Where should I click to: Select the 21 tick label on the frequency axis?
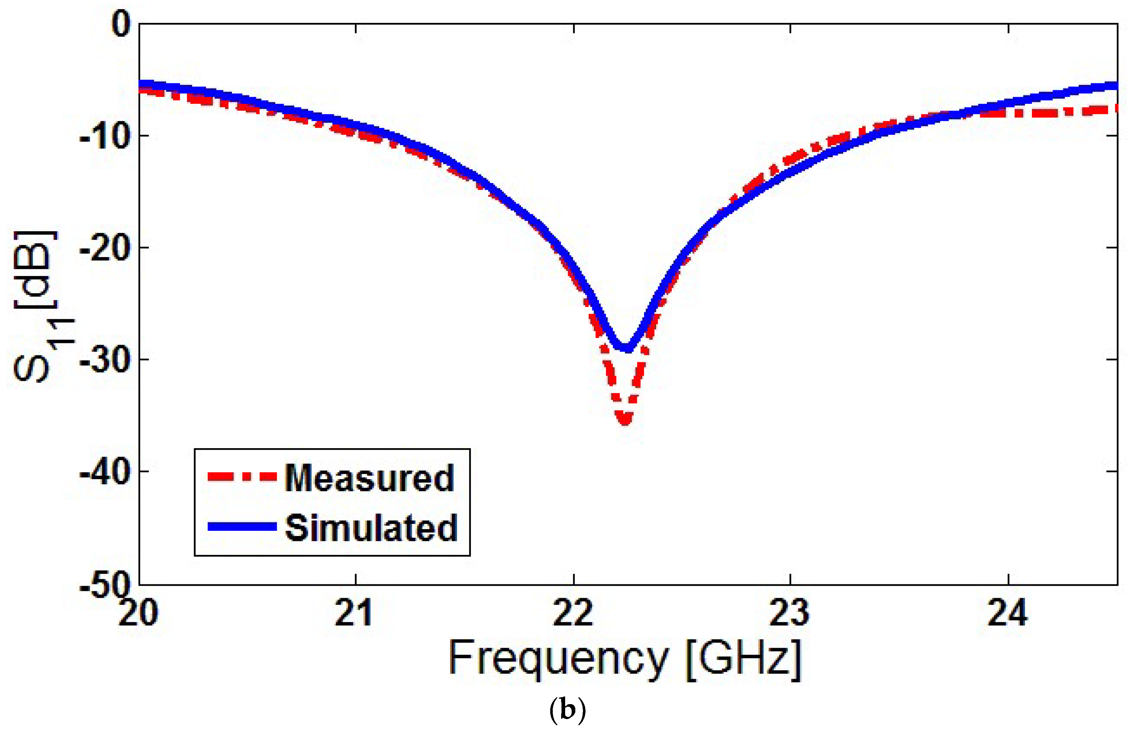point(354,613)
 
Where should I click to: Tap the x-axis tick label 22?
point(574,613)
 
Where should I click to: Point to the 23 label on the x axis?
point(790,613)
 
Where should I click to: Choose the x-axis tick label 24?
point(1008,613)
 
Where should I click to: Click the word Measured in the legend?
point(369,478)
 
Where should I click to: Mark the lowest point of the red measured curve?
point(625,419)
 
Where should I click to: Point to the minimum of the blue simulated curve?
point(626,348)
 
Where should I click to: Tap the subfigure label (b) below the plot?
point(568,711)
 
